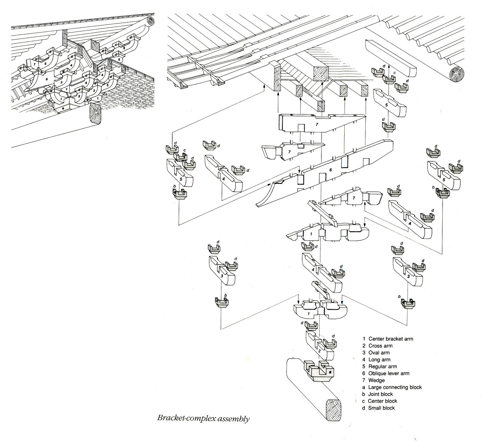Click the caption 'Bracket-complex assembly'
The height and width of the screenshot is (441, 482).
pyautogui.click(x=203, y=418)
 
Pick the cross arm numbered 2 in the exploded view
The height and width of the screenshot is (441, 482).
pyautogui.click(x=319, y=347)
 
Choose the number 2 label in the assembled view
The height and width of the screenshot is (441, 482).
pyautogui.click(x=79, y=96)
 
